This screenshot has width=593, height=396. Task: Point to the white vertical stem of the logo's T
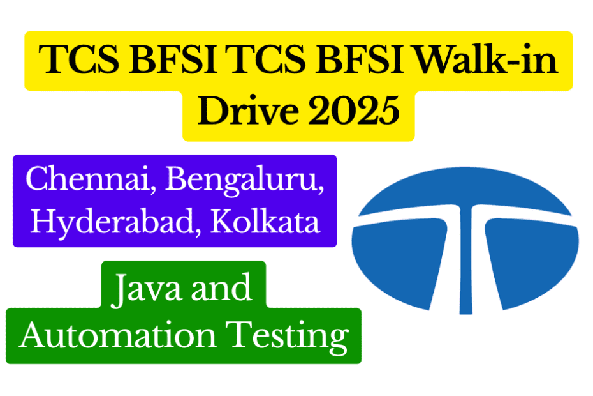pyautogui.click(x=466, y=268)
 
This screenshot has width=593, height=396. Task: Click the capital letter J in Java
pyautogui.click(x=119, y=289)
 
